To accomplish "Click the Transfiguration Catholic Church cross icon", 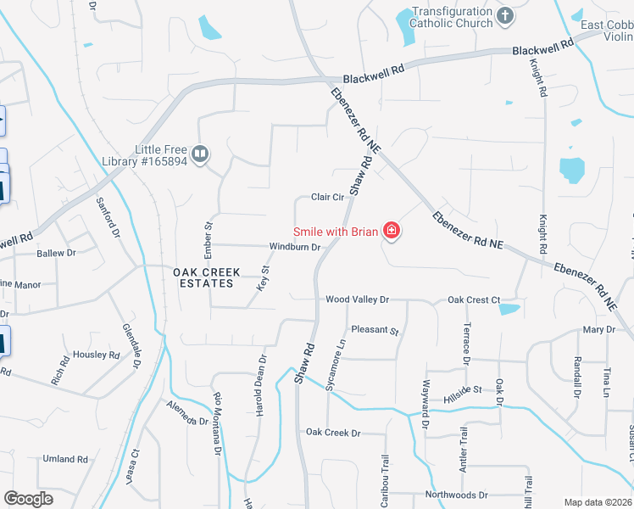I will (505, 16).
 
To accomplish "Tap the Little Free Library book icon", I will (200, 154).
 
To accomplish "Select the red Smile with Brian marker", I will (392, 231).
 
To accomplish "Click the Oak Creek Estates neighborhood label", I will (207, 278).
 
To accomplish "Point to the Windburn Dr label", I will (294, 248).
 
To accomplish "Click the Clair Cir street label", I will (327, 198).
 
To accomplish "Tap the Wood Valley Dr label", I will (357, 299).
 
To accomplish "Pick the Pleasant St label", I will (375, 330).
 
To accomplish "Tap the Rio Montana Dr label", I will (218, 424).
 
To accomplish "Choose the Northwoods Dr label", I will (457, 495).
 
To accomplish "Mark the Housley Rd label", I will (96, 355).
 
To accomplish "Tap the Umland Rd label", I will (65, 459).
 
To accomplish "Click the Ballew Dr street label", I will (56, 253).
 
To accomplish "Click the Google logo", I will (29, 499).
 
